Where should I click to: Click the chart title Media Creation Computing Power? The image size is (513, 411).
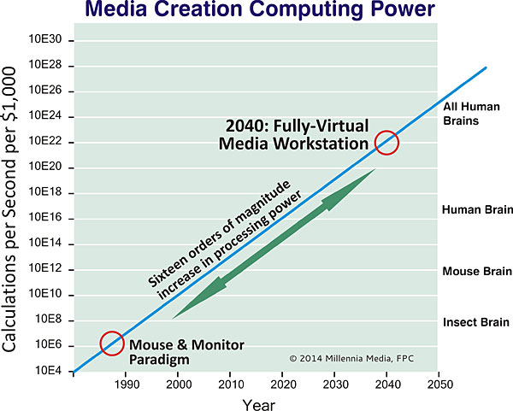tap(256, 11)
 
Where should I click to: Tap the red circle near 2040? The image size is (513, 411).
tap(386, 142)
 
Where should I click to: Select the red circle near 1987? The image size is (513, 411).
tap(113, 343)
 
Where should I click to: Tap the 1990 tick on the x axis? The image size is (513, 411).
tap(127, 384)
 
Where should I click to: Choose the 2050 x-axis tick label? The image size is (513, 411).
tap(439, 384)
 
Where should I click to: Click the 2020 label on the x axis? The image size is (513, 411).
tap(283, 384)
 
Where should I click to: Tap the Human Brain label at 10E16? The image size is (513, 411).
tap(477, 209)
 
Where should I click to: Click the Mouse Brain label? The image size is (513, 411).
tap(477, 272)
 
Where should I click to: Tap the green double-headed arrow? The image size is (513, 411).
tap(274, 244)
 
